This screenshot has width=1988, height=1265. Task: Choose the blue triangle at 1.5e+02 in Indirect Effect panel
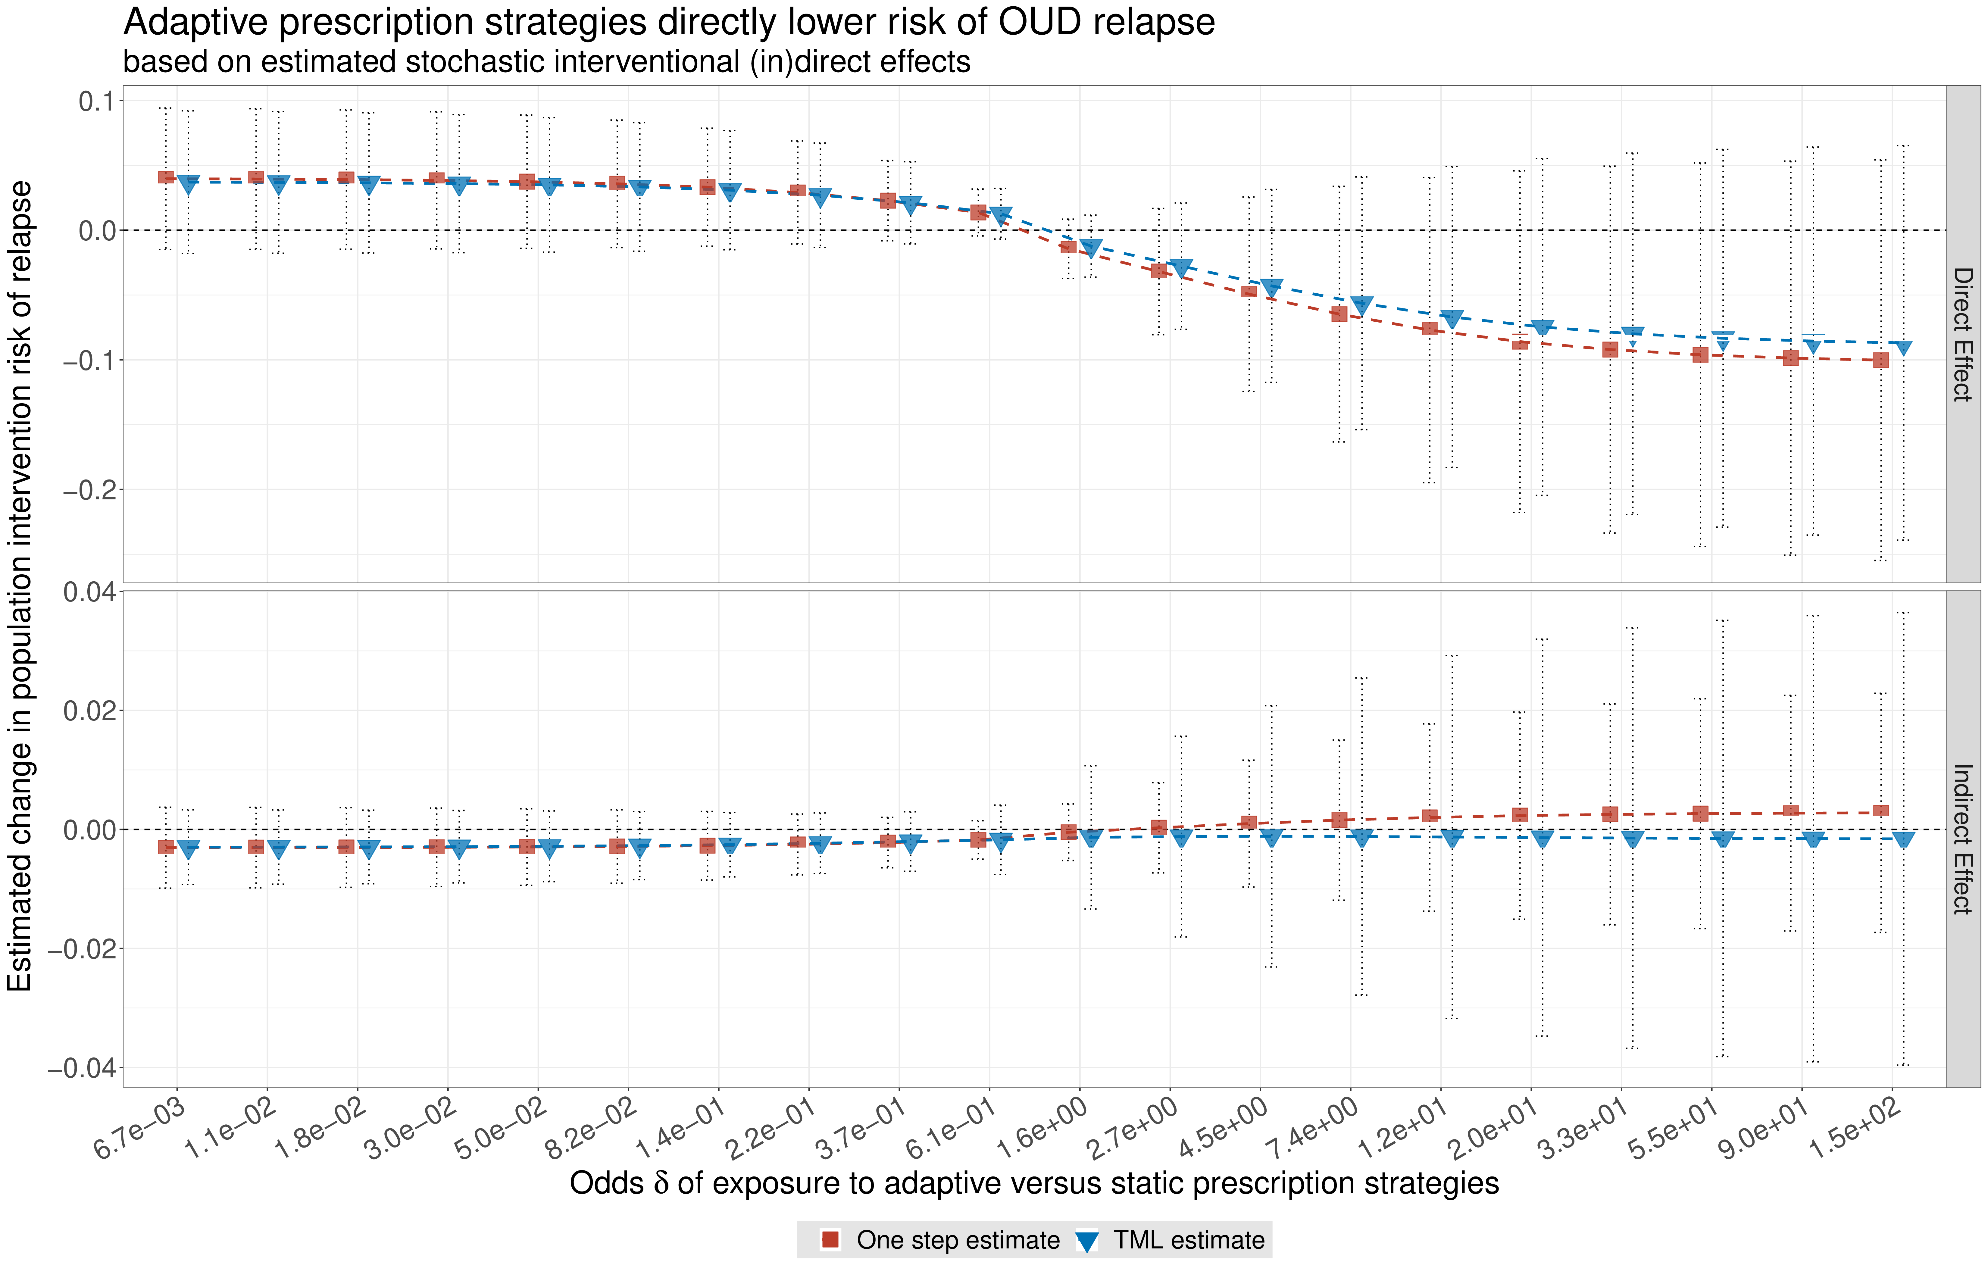[x=1903, y=840]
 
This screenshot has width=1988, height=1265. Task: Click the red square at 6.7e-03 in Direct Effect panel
[x=166, y=177]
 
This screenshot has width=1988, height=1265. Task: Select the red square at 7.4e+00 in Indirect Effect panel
[x=1339, y=820]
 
